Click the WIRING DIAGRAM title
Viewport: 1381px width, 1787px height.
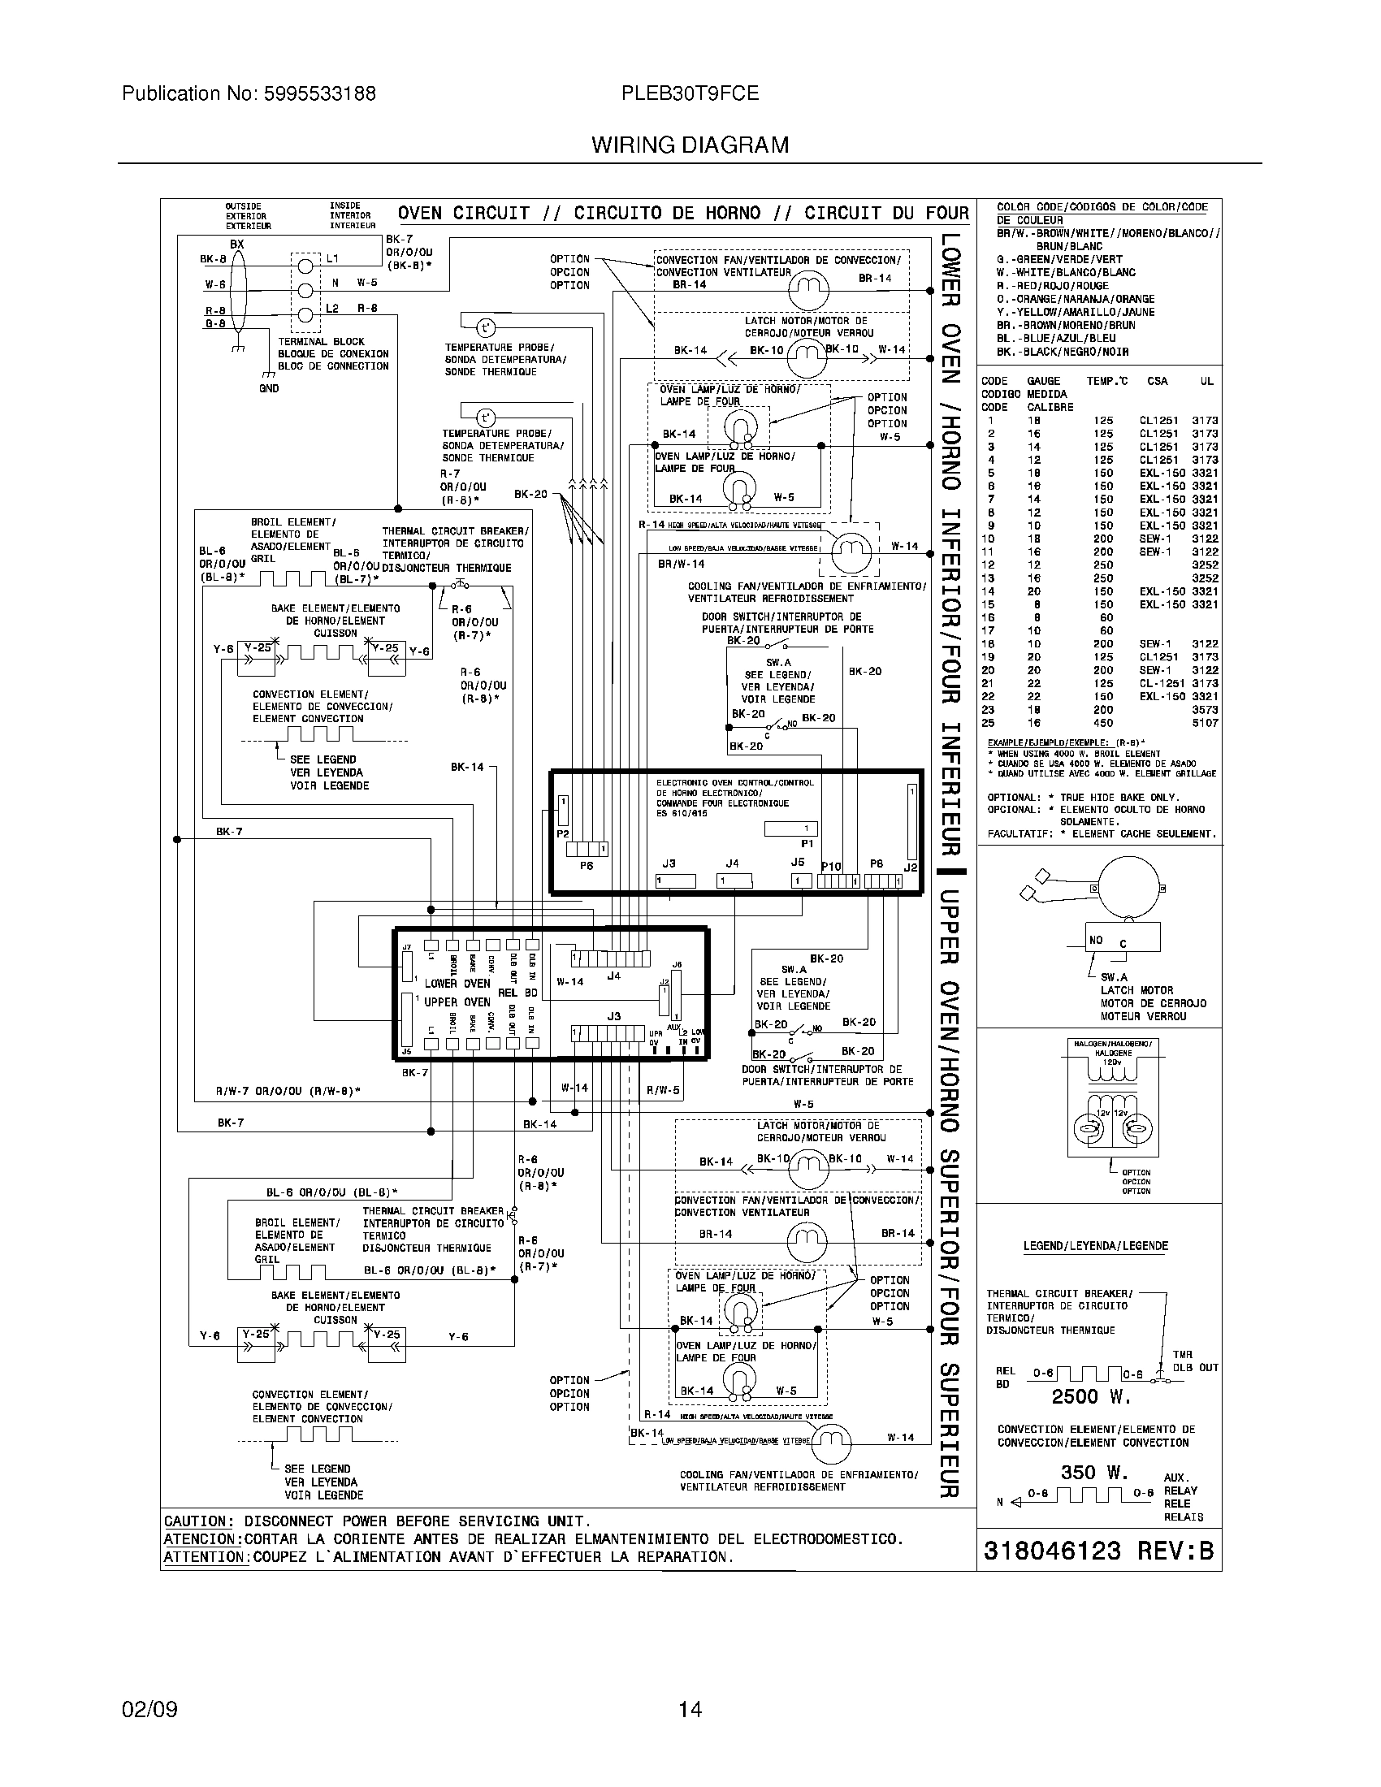coord(690,145)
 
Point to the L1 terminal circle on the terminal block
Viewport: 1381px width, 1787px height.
coord(305,266)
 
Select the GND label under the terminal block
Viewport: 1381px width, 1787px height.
coord(268,388)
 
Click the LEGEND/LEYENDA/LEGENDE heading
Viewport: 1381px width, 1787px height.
coord(1096,1246)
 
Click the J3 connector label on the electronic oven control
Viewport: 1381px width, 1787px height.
coord(669,863)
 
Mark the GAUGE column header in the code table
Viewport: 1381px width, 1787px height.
coord(1043,381)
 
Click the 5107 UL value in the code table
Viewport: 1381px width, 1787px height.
coord(1204,723)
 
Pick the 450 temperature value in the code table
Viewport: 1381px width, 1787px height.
coord(1103,723)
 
